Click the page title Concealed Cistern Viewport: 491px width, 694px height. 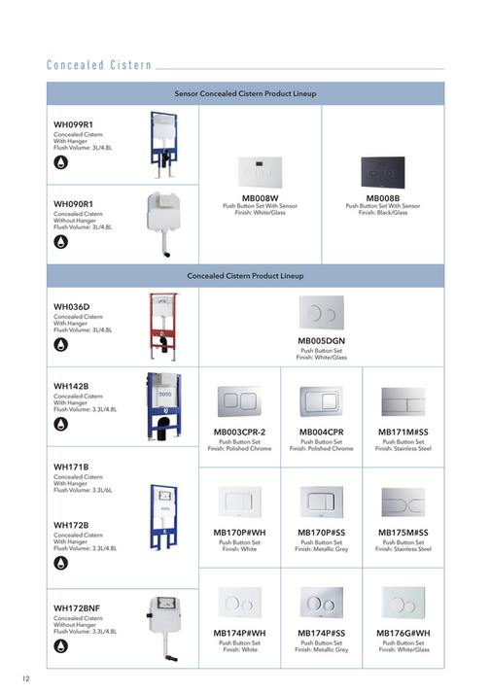pos(99,66)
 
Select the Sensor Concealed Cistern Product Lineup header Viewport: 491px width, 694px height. pos(245,93)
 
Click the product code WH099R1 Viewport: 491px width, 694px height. pos(73,125)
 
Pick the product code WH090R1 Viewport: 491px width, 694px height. pos(73,203)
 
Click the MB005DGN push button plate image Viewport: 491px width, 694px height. pos(321,313)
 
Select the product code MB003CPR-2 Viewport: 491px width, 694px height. pos(239,431)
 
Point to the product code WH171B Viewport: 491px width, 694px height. pos(71,467)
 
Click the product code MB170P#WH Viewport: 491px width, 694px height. pos(239,533)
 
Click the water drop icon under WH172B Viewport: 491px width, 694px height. pos(60,563)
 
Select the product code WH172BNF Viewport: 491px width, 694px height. pos(77,608)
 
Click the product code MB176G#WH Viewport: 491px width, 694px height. pos(403,633)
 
